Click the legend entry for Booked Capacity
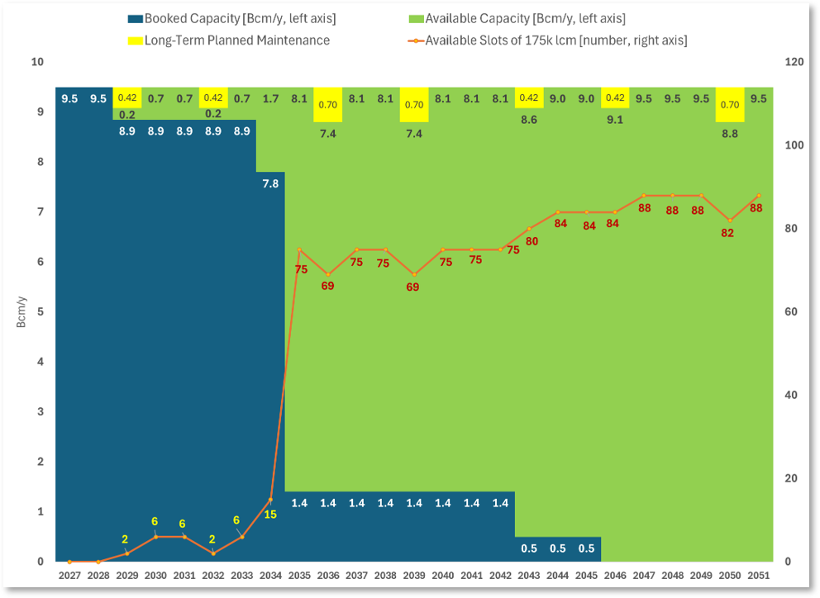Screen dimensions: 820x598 (232, 19)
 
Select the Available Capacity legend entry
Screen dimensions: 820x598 (517, 19)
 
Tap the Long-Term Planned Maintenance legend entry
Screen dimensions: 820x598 (229, 40)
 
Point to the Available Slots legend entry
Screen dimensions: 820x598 (547, 40)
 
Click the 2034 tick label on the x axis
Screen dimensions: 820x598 (270, 576)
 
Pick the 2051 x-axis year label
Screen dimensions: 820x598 (758, 576)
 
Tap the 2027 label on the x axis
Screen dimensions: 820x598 (69, 576)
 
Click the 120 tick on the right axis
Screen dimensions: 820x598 (794, 62)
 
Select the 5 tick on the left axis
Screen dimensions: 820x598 (41, 311)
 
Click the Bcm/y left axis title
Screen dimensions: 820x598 (21, 312)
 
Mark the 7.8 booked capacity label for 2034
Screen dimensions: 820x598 (270, 183)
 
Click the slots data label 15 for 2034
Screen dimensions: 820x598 (270, 515)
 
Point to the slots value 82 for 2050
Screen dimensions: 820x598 (727, 233)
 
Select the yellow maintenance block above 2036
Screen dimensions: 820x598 (328, 105)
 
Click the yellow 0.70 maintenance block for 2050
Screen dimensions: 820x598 (730, 105)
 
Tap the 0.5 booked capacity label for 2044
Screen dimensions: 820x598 (557, 548)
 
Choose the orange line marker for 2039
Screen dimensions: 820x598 (414, 274)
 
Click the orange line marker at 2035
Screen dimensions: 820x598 (299, 249)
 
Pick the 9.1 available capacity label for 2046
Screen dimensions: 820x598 (615, 120)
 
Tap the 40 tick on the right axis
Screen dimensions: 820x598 (791, 395)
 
